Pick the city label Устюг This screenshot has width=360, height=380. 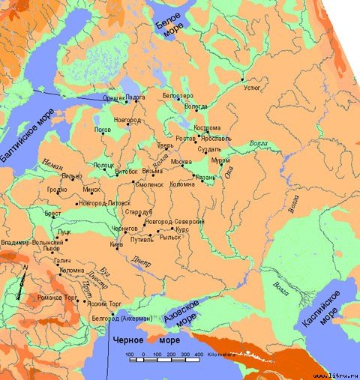(x=253, y=87)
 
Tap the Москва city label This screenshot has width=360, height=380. (x=181, y=162)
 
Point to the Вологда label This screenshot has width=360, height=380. (x=196, y=106)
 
